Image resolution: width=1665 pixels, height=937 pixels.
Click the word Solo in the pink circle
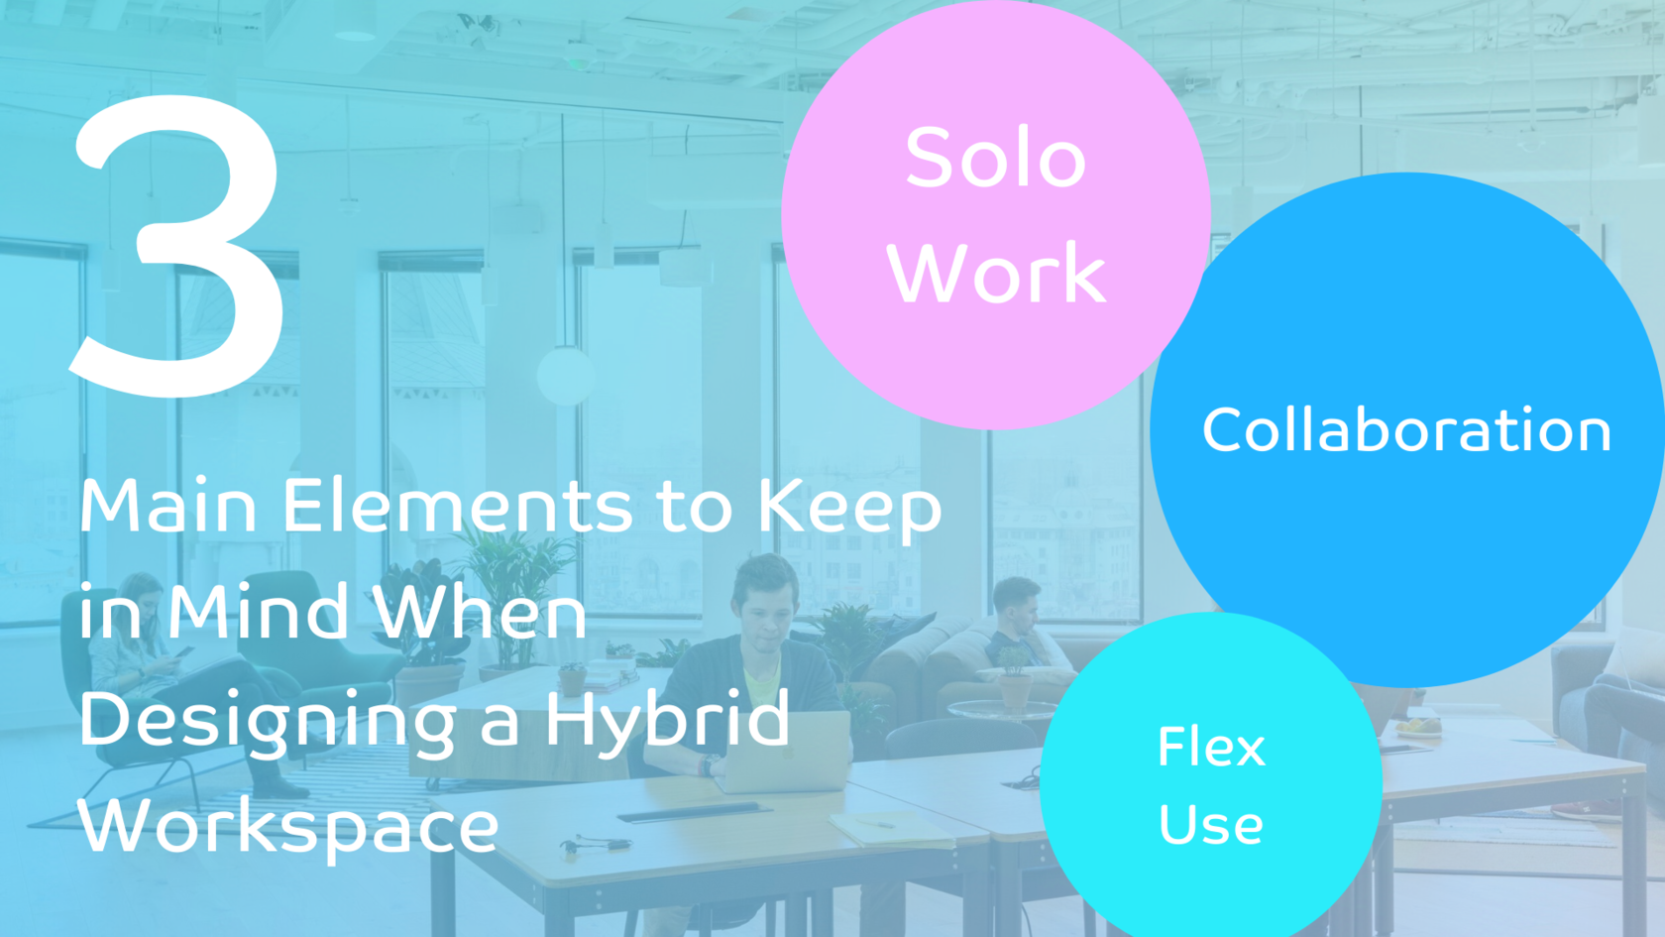(995, 159)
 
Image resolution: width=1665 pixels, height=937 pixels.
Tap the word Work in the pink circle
(996, 274)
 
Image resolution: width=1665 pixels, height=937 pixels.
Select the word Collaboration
(1406, 430)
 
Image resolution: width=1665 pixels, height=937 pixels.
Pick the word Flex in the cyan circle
(1211, 747)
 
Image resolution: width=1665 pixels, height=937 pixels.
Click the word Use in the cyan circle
(1211, 825)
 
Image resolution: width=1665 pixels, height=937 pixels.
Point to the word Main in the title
(168, 507)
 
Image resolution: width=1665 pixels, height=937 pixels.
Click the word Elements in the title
(457, 507)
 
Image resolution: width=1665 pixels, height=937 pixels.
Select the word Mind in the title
(257, 613)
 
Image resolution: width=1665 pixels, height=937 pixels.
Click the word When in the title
(482, 613)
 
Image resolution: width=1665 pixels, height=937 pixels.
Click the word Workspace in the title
(287, 827)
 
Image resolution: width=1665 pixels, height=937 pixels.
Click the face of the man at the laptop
(766, 616)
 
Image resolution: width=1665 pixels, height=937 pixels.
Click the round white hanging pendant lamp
(565, 375)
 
